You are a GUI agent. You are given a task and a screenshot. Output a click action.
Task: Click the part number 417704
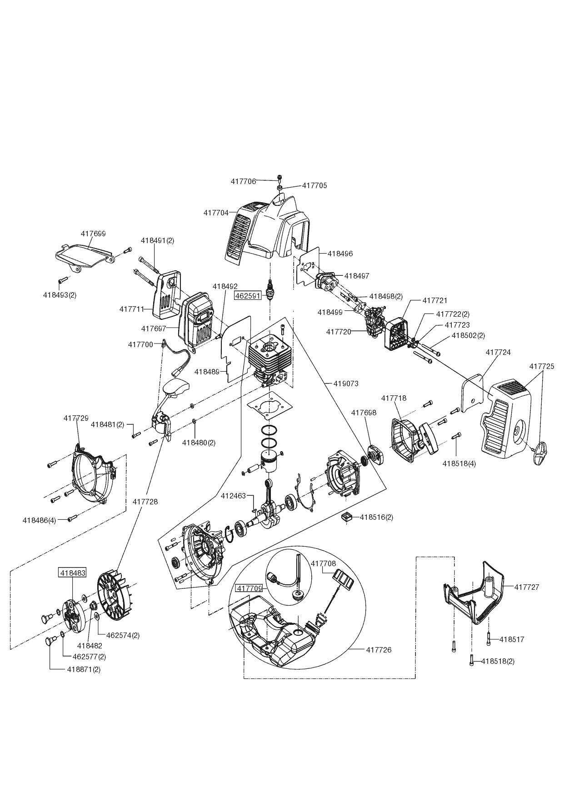216,213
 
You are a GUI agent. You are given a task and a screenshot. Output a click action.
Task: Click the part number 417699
93,234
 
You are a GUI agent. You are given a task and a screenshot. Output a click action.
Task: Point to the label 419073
346,384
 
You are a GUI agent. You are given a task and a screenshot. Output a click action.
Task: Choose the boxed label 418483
72,573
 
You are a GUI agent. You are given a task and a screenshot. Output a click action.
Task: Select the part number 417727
527,587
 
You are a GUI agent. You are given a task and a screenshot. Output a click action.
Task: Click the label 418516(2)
377,517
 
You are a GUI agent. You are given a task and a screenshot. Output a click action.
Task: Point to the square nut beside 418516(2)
348,518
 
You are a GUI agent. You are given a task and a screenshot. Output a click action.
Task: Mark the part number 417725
542,366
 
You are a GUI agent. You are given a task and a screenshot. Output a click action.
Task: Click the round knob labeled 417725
541,453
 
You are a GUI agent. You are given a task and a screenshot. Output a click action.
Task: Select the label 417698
364,413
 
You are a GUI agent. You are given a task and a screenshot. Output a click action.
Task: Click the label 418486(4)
39,520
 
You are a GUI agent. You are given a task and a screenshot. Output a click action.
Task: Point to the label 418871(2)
84,669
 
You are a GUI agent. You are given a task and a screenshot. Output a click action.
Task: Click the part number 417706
243,181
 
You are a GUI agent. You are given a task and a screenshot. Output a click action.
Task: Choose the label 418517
512,639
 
